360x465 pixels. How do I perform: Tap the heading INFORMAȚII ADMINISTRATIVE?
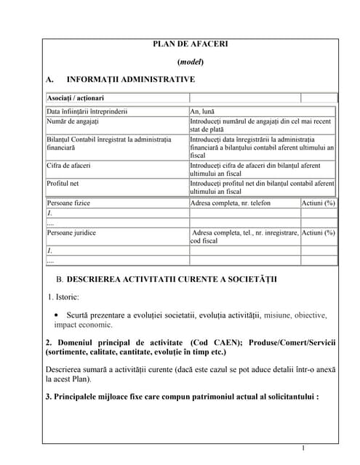click(x=130, y=79)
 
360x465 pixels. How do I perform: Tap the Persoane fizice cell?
click(x=68, y=203)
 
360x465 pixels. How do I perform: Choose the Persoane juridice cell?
click(x=71, y=233)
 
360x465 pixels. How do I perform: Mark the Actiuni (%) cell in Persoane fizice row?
click(x=319, y=203)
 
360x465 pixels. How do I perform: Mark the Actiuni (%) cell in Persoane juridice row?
click(x=319, y=233)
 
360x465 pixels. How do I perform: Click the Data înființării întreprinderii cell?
click(x=87, y=112)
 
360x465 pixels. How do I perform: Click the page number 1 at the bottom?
click(x=303, y=448)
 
